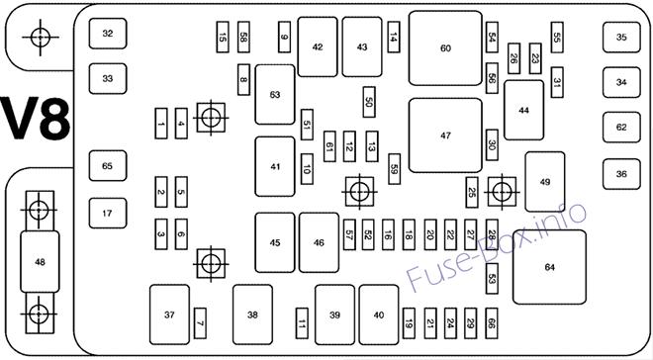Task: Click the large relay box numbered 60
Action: [445, 48]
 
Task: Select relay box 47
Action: [445, 135]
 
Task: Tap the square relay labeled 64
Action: [549, 267]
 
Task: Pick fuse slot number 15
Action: [223, 37]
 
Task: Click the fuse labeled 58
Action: [243, 37]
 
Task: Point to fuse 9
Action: [284, 37]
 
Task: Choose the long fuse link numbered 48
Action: [40, 262]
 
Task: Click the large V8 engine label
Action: [36, 120]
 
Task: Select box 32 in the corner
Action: [108, 34]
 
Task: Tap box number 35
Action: [621, 37]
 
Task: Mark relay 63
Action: [275, 95]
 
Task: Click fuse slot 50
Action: [369, 102]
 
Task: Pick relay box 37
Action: [169, 315]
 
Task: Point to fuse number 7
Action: [200, 323]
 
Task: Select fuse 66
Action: [492, 323]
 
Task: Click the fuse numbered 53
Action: [492, 279]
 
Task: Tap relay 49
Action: [545, 182]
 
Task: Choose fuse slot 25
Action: [471, 192]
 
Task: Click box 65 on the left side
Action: [108, 165]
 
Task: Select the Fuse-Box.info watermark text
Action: [496, 246]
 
